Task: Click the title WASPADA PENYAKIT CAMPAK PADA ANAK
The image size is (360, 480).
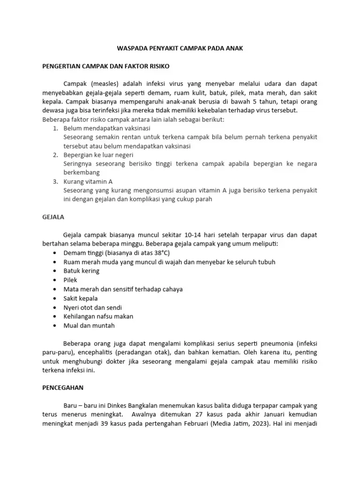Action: point(180,49)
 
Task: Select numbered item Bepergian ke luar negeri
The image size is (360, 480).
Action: point(98,155)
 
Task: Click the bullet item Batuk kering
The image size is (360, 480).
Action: point(81,271)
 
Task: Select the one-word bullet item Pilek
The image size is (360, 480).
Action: point(70,280)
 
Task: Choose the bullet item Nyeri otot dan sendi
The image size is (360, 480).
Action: point(92,307)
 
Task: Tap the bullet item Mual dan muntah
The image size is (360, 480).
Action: point(89,325)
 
